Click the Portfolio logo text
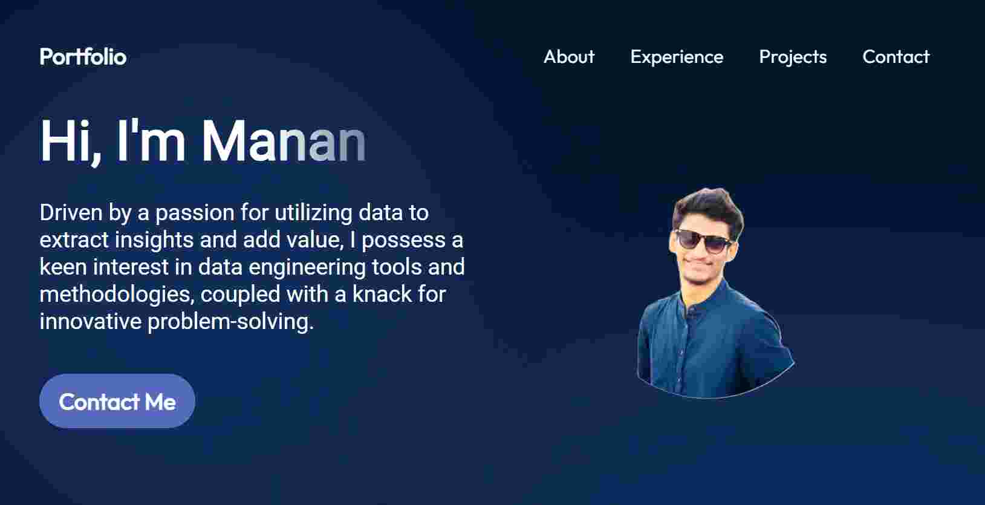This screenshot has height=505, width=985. (83, 57)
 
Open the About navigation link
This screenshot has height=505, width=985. (569, 57)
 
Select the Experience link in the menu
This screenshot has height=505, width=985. (677, 57)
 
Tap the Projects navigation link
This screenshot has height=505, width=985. (793, 57)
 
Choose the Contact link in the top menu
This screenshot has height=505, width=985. (896, 57)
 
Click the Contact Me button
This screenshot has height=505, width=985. (117, 401)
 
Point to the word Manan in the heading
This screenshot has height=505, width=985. (284, 142)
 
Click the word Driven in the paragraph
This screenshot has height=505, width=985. (71, 213)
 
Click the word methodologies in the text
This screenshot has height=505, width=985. (117, 295)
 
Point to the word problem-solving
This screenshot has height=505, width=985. (230, 322)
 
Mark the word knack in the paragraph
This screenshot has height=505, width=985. (382, 295)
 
